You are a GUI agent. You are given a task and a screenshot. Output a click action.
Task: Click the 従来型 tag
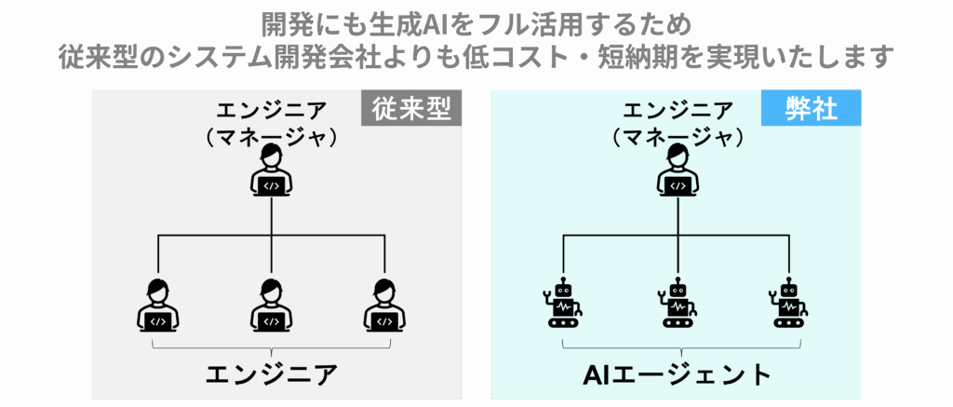pos(411,110)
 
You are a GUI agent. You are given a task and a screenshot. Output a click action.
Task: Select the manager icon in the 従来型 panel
pos(271,171)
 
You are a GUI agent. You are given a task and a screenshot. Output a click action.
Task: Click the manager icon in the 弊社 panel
pos(678,171)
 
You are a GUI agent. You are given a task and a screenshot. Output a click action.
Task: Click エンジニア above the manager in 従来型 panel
pos(271,110)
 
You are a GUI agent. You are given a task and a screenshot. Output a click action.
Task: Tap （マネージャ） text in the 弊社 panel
pos(678,137)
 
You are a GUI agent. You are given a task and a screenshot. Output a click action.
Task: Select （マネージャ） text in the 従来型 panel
pos(271,137)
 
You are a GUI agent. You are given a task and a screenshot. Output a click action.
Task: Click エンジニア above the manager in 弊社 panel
pos(678,110)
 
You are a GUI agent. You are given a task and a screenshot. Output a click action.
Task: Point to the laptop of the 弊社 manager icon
pos(678,184)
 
